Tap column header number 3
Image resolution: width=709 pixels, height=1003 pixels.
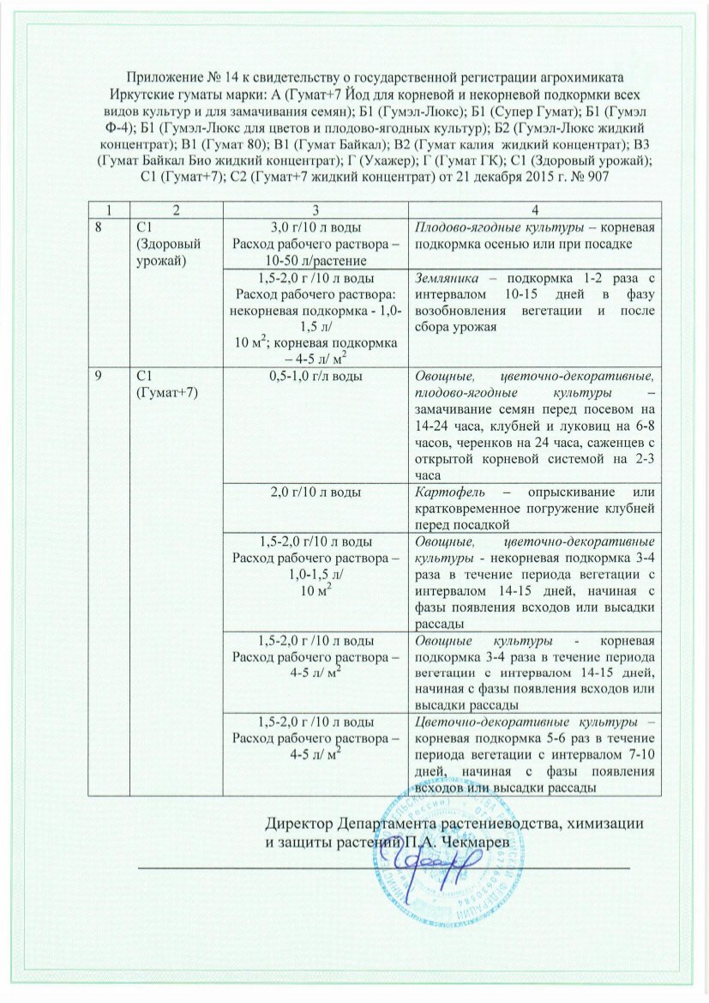[315, 210]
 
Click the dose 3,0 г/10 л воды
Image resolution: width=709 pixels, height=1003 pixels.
[315, 227]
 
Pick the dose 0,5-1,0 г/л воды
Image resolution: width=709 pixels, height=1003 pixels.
[315, 378]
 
